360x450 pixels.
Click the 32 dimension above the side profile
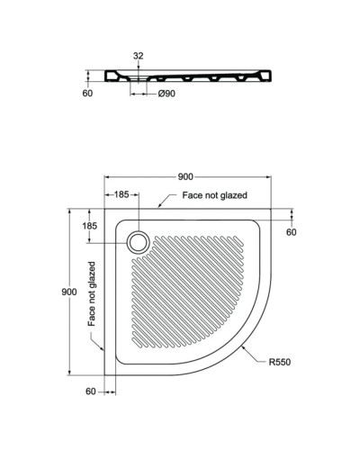pos(138,56)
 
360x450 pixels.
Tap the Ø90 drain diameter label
pos(166,92)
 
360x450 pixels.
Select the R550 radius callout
pos(278,362)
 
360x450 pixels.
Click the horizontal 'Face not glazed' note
pos(214,194)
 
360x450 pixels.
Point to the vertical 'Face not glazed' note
pos(92,293)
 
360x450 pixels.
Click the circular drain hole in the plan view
pos(139,240)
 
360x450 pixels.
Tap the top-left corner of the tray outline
pos(105,211)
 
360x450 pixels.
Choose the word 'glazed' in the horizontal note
pos(230,194)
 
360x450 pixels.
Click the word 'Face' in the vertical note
pos(92,316)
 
